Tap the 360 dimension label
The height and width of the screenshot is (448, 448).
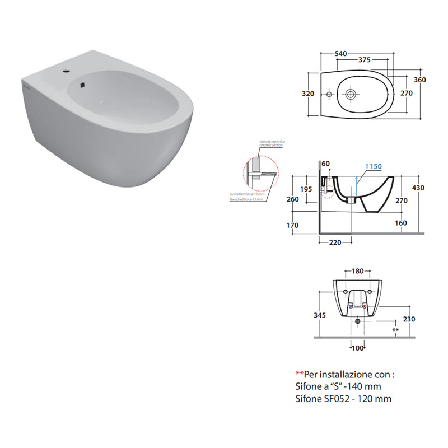(419, 80)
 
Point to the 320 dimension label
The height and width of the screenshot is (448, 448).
(307, 94)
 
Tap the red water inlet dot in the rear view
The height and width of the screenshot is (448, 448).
(365, 307)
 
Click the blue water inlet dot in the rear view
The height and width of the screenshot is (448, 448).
(351, 307)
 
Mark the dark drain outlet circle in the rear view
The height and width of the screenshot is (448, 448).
(358, 321)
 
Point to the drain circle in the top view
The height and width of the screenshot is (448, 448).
(351, 94)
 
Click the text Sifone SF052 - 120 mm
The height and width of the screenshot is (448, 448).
(343, 399)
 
